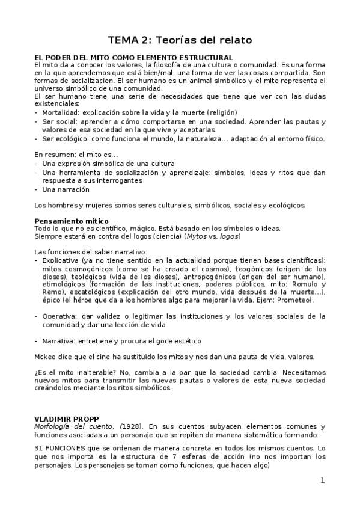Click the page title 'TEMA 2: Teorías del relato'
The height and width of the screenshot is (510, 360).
(x=180, y=40)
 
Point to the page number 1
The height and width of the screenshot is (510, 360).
(x=322, y=480)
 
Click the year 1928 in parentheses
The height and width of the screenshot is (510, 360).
(x=132, y=426)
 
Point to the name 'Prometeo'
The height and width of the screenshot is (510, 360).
(x=295, y=300)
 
